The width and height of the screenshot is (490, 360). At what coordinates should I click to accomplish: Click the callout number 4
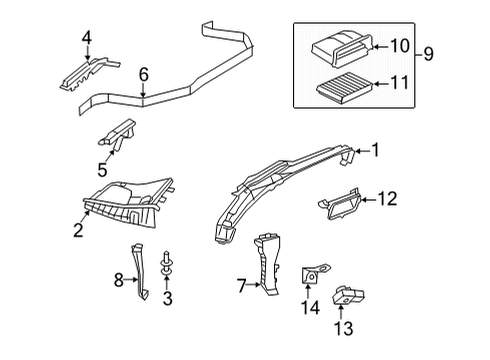(87, 38)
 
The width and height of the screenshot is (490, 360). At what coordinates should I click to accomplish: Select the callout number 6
(143, 75)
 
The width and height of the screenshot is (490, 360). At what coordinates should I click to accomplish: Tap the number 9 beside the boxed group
(429, 54)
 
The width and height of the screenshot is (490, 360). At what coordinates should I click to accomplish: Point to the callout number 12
(387, 199)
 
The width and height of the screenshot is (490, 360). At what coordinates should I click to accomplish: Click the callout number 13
(343, 328)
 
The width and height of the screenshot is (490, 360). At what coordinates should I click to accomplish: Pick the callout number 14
(310, 307)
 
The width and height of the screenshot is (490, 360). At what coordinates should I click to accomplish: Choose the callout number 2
(78, 230)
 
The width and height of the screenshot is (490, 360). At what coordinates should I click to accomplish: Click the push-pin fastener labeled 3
(166, 266)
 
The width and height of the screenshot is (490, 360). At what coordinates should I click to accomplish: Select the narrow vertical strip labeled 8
(140, 272)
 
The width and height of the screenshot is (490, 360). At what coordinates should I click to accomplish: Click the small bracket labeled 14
(313, 273)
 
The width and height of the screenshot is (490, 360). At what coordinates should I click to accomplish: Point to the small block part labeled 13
(348, 295)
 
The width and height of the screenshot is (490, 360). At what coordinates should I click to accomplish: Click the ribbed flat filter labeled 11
(344, 89)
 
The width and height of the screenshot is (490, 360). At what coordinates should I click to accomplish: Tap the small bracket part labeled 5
(117, 134)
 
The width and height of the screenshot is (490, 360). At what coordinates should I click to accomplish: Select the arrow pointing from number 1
(363, 151)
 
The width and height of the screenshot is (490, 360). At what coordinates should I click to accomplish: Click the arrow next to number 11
(381, 83)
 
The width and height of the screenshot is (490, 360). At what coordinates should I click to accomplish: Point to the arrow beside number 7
(254, 285)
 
